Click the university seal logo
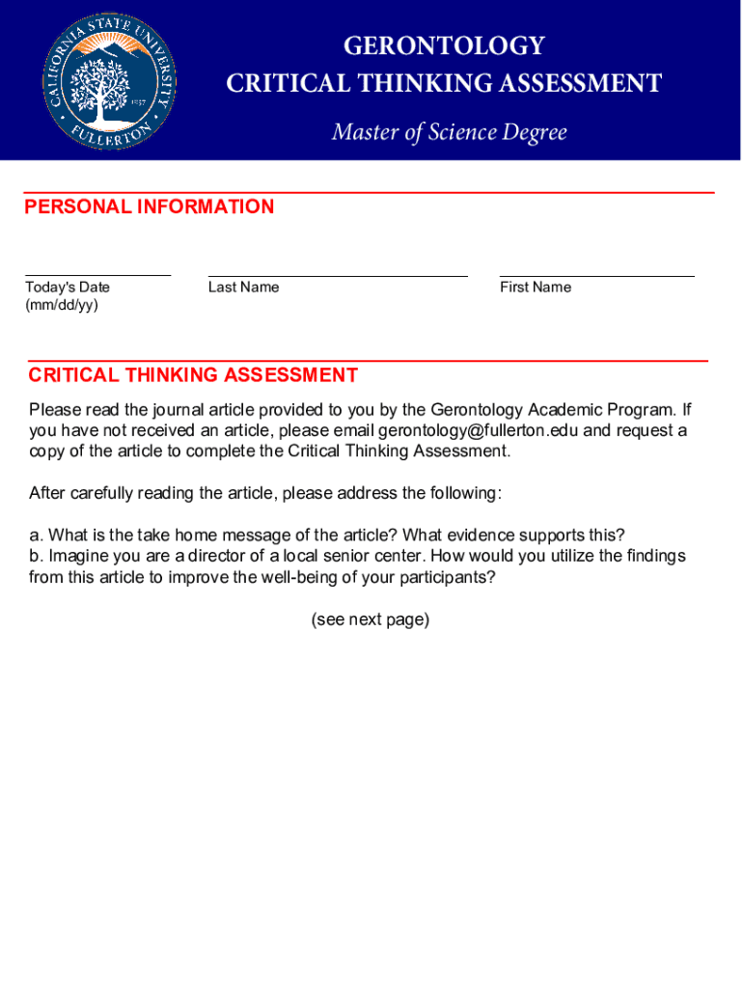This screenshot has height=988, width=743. point(110,80)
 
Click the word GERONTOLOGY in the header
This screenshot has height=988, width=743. point(444,46)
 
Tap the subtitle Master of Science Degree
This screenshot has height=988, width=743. point(449,132)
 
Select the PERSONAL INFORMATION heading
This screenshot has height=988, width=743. point(150,206)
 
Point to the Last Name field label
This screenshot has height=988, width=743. point(243,287)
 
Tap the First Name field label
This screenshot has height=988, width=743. point(536,287)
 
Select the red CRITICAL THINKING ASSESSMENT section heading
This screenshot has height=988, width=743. point(193,375)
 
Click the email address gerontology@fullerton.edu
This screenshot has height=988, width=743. point(478,430)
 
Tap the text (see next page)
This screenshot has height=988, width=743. point(371,619)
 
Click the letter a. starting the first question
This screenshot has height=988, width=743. point(36,535)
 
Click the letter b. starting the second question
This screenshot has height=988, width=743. point(36,556)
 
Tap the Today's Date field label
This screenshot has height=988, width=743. point(68,287)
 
